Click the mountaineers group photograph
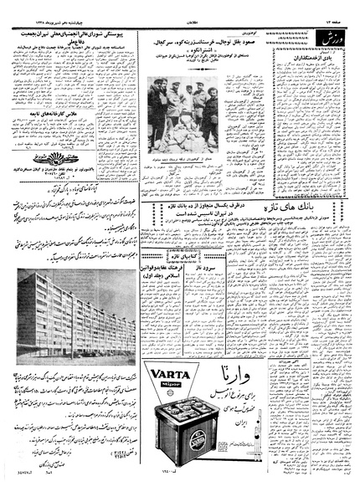183,114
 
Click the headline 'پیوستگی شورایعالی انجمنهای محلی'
80,32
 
